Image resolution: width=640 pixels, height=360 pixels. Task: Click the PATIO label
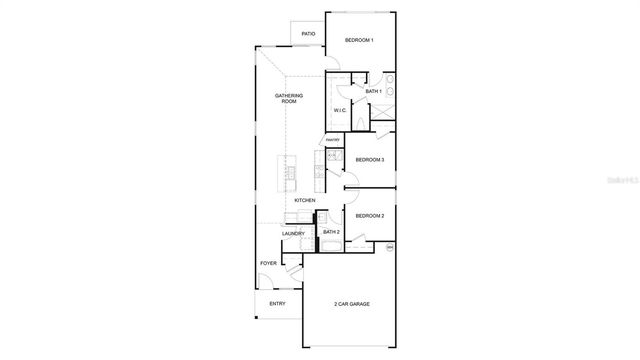[309, 34]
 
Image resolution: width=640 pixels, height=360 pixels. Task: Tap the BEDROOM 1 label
[359, 40]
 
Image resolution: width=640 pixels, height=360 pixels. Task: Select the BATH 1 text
[374, 91]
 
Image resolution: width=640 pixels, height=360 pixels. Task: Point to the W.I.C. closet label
[339, 110]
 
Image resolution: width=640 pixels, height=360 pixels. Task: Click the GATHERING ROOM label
[289, 98]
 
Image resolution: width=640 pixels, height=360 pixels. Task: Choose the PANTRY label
[333, 139]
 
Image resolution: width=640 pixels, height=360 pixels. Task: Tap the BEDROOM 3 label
[370, 159]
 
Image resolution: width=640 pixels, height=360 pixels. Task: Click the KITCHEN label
[305, 200]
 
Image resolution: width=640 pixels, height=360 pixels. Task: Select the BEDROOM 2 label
[370, 215]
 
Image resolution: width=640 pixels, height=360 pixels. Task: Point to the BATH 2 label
[331, 232]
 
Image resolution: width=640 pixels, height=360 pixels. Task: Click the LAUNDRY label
[293, 233]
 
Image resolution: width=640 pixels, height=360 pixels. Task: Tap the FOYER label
[268, 263]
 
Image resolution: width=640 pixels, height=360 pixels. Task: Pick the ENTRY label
[277, 303]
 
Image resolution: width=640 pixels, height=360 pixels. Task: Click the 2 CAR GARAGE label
[352, 303]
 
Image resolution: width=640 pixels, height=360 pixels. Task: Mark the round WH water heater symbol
[390, 246]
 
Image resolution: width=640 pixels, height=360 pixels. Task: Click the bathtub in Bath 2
[330, 245]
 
